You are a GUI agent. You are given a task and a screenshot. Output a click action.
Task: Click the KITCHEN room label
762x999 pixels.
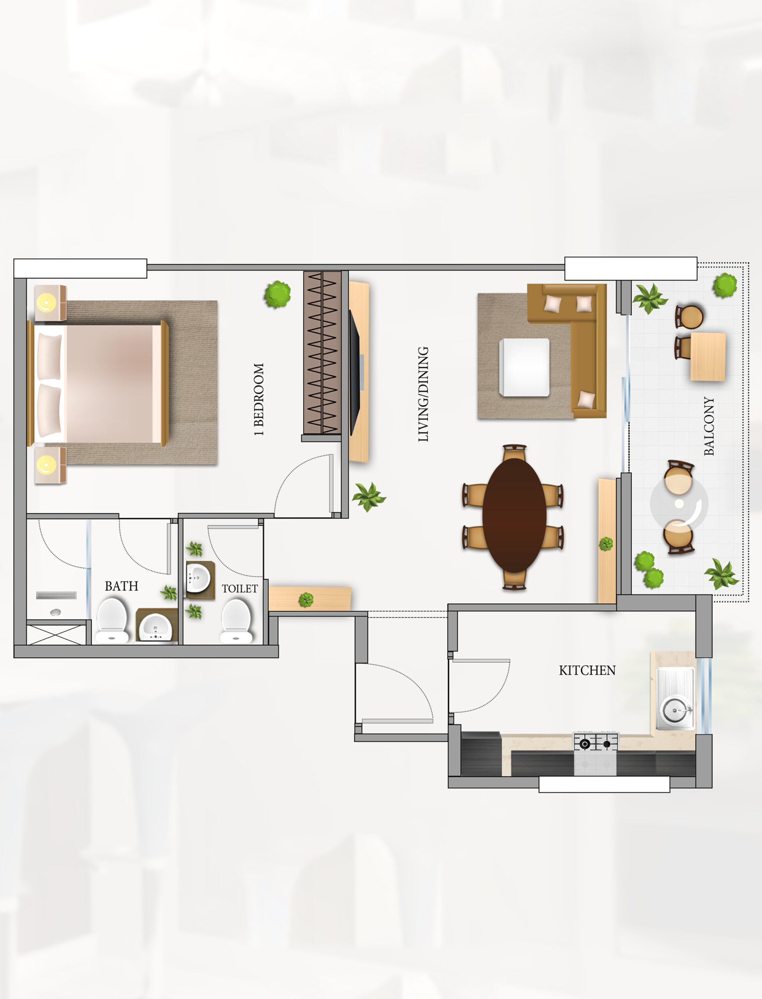(x=587, y=670)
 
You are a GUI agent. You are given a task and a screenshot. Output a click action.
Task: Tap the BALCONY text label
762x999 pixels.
(x=709, y=426)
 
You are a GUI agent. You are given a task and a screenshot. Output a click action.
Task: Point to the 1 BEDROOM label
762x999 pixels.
(x=259, y=399)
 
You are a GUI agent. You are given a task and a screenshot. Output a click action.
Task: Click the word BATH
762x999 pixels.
(x=122, y=586)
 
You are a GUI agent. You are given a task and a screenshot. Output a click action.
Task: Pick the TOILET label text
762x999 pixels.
(x=240, y=588)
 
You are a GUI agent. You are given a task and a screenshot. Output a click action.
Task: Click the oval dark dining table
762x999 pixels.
(x=514, y=515)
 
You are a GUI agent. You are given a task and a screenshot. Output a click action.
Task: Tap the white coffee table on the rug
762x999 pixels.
(x=524, y=368)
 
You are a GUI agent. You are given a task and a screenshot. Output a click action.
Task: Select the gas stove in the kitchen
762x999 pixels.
(x=595, y=753)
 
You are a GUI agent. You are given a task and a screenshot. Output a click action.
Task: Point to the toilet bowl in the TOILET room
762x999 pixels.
(x=236, y=620)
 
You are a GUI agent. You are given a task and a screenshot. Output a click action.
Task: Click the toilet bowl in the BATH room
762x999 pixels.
(x=112, y=620)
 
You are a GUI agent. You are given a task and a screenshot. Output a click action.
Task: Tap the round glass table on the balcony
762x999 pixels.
(x=679, y=503)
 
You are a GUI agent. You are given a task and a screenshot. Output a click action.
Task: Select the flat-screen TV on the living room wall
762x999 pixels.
(x=354, y=372)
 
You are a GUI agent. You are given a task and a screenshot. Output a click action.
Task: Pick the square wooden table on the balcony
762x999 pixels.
(x=708, y=356)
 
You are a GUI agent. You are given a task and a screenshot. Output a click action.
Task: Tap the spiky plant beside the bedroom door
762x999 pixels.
(x=369, y=497)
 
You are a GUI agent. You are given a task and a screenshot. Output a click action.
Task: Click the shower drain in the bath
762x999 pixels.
(x=55, y=612)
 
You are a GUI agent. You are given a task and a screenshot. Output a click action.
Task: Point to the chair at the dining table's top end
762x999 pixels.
(x=515, y=452)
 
